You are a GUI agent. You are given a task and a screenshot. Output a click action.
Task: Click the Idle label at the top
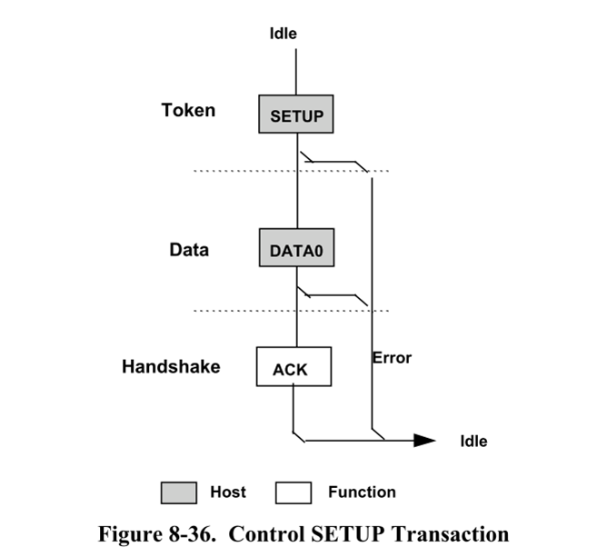(284, 34)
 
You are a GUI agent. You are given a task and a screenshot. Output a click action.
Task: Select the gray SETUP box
(296, 114)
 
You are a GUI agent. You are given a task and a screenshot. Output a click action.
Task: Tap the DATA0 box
(296, 247)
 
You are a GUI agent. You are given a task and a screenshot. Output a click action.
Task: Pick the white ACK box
(294, 366)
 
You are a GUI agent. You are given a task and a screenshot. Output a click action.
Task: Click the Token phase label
(188, 111)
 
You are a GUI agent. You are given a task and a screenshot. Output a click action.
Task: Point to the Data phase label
(189, 250)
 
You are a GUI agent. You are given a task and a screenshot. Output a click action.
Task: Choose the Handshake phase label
(171, 366)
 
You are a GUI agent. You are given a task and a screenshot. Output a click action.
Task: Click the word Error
(393, 358)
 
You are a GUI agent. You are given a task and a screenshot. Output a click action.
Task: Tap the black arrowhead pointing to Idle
(424, 441)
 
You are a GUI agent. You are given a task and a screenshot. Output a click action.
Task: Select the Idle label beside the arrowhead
(474, 442)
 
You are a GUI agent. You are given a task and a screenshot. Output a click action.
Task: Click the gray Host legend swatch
(179, 492)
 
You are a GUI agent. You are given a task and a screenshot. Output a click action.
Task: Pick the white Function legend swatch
(294, 492)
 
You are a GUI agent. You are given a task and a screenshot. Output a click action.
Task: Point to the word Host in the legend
(228, 492)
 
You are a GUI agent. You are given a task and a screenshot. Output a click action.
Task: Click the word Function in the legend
(362, 492)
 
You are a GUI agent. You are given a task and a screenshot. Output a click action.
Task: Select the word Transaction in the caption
(451, 533)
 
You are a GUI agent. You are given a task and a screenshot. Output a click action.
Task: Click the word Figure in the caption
(131, 534)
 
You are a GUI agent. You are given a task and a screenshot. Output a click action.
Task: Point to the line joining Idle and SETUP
(296, 72)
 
